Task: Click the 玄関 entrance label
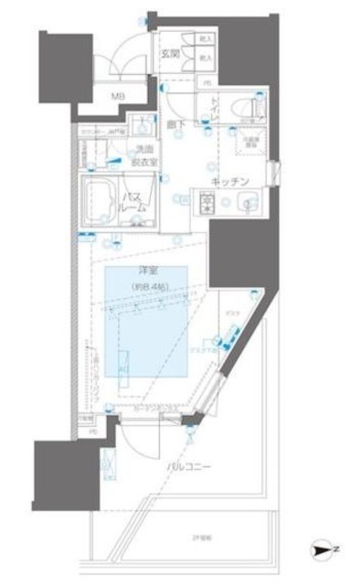[x=169, y=53]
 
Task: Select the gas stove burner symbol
[x=206, y=202]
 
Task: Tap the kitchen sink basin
[x=244, y=202]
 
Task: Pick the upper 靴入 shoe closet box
[x=205, y=40]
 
